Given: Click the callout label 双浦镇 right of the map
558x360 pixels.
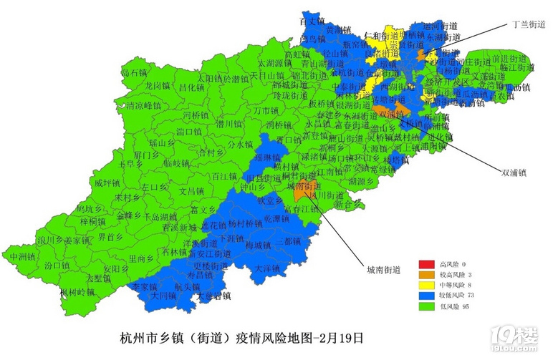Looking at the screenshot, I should point(514,172).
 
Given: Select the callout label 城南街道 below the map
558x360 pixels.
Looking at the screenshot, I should point(383,270).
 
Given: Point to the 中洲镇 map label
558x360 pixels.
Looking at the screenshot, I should point(24,256).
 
